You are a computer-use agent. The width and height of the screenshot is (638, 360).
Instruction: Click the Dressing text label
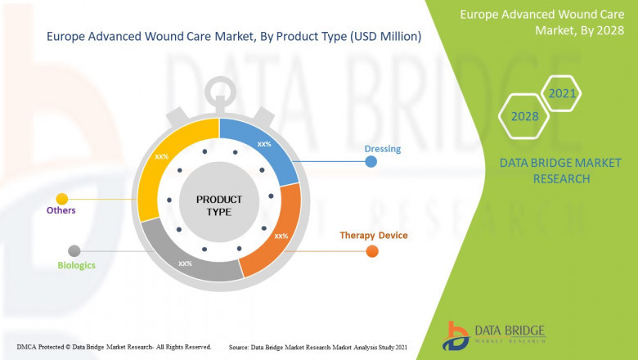point(382,149)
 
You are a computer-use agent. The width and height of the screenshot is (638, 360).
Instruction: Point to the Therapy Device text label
point(373,236)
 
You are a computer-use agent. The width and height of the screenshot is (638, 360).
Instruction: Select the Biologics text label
point(76,265)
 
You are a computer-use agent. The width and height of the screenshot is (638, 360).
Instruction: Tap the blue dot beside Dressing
point(371,162)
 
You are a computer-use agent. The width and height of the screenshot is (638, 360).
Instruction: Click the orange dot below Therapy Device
point(372,251)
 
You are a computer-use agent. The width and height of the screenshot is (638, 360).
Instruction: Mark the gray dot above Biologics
point(74,250)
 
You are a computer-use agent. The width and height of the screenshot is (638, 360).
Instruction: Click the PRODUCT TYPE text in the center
point(219,205)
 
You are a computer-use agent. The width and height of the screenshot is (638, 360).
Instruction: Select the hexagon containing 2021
point(562,94)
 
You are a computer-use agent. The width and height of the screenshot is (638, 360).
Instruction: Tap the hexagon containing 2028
point(524,116)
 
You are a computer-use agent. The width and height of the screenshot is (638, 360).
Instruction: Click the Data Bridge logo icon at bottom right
point(456,334)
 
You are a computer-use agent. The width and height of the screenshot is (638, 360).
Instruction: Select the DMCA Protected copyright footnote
point(114,347)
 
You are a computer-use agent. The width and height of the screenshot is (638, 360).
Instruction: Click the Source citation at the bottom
point(318,347)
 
